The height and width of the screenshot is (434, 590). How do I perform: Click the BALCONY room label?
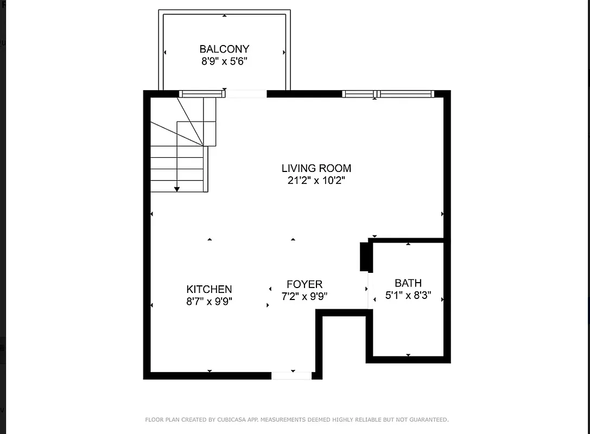224,49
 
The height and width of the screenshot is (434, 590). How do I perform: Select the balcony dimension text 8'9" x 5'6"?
224,61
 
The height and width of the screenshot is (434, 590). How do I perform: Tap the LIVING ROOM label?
316,168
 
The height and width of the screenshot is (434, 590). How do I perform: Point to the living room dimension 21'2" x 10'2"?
316,181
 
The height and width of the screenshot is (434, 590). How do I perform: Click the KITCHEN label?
209,290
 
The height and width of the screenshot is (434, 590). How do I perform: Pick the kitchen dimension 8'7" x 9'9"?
209,302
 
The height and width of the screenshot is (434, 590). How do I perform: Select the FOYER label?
304,284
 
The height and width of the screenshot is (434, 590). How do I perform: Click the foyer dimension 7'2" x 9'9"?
304,296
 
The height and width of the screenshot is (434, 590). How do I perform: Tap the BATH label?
408,283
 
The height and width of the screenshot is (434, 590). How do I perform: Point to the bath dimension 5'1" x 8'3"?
408,295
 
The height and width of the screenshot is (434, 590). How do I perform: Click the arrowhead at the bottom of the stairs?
177,189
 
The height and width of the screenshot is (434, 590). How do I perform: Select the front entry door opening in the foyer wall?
291,375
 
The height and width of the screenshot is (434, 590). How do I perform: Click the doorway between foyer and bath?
369,290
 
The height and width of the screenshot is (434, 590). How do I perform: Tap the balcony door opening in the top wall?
246,94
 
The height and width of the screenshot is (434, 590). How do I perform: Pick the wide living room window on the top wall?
388,94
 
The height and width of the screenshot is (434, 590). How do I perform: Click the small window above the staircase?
201,94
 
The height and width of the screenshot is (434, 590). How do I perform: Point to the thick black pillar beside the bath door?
365,257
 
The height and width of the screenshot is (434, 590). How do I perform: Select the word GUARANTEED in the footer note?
429,419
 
